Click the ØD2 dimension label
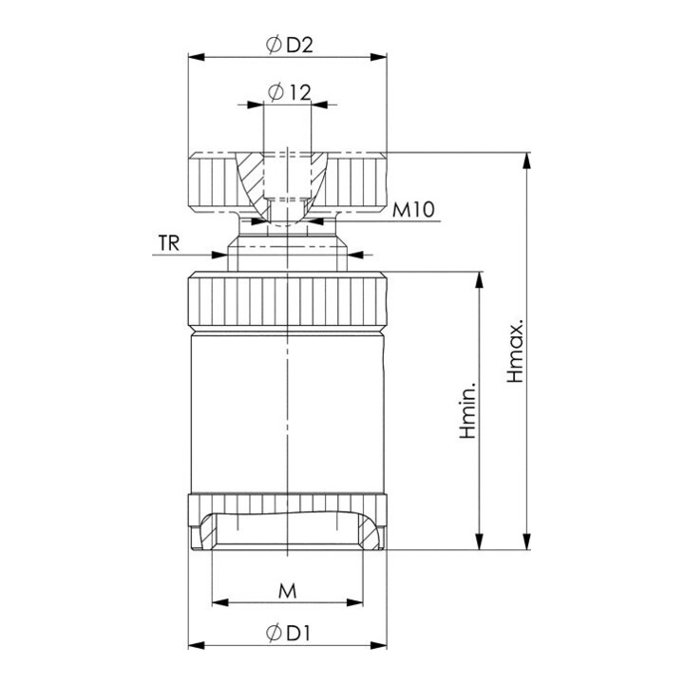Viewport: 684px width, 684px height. point(290,46)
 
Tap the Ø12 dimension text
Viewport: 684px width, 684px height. point(290,92)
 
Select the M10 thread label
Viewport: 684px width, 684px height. point(413,210)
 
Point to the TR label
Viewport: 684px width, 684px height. point(169,243)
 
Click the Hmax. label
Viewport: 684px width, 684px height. point(515,351)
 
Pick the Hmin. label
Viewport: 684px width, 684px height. point(468,409)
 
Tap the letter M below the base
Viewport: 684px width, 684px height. point(288,591)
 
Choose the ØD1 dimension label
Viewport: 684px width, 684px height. point(288,633)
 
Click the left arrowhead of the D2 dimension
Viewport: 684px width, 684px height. point(197,57)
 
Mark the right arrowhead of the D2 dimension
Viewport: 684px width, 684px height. point(378,57)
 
